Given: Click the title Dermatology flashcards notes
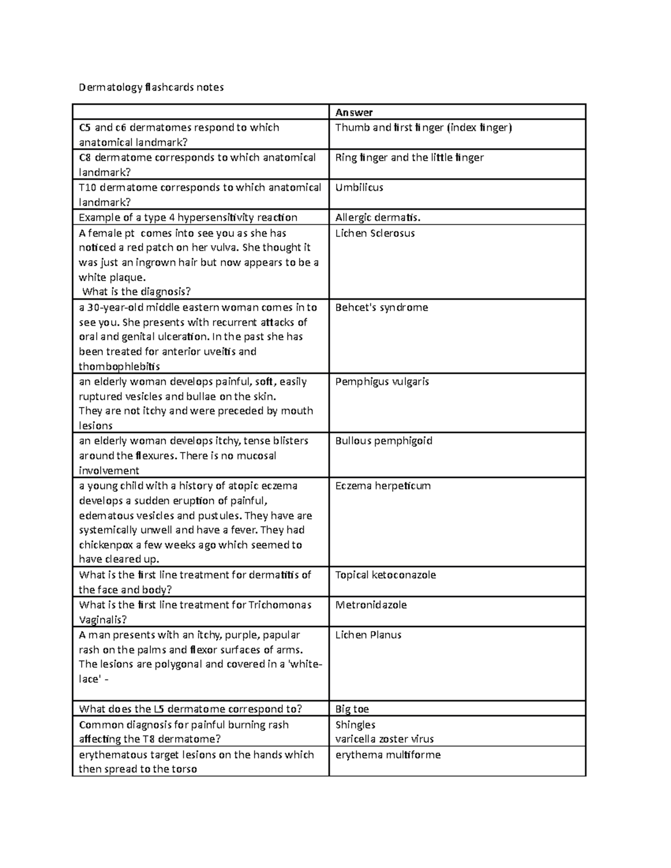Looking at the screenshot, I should click(x=151, y=87).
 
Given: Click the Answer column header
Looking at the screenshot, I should click(x=354, y=112).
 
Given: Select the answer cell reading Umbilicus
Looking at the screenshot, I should click(x=359, y=188).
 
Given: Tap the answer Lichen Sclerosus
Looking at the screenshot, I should click(x=375, y=234).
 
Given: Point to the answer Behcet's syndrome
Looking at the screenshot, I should click(x=381, y=308).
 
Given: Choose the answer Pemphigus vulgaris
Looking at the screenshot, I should click(x=382, y=382).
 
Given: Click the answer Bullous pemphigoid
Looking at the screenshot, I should click(x=384, y=441).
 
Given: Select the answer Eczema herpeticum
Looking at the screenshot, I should click(x=382, y=486).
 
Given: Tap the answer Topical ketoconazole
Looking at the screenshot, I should click(x=385, y=575).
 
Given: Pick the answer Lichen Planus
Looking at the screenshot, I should click(x=368, y=635).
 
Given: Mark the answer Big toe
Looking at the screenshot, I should click(x=352, y=709).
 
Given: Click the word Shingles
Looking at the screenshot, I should click(x=355, y=725).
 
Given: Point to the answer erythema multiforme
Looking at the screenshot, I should click(x=388, y=755).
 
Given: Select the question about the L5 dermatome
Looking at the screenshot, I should click(x=190, y=709).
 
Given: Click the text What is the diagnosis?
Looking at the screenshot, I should click(x=136, y=292).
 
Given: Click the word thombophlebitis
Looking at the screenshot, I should click(x=119, y=367).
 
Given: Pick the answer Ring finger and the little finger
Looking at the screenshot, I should click(x=409, y=158).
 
